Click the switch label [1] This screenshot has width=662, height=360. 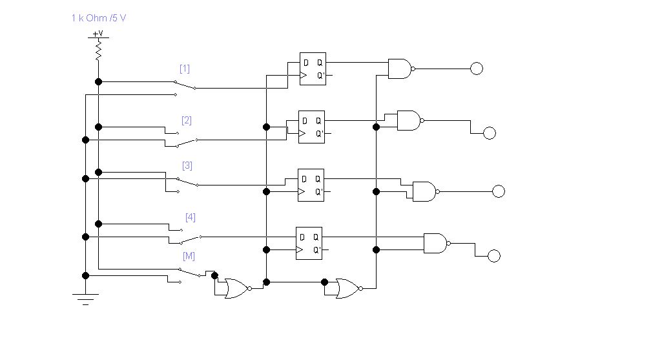tap(185, 69)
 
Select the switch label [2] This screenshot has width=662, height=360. tap(187, 120)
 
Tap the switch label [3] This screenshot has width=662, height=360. tap(187, 165)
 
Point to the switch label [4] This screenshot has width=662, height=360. tap(191, 217)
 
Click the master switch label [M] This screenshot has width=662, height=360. tap(189, 256)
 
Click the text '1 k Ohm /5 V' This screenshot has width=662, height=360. tap(99, 17)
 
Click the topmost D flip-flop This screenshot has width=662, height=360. tap(313, 69)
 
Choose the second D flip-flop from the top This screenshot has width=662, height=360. tap(311, 127)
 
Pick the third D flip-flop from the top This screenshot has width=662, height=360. tap(311, 185)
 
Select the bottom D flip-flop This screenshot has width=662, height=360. tap(309, 243)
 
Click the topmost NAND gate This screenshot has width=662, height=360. tap(400, 69)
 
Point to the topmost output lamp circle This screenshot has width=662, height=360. tap(477, 69)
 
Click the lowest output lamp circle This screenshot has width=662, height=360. tap(494, 256)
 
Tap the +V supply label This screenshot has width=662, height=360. tap(98, 33)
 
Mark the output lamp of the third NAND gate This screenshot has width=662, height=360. tap(498, 191)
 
